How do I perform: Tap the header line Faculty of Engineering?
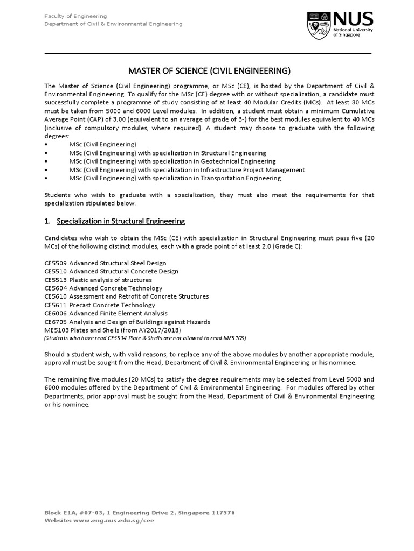[x=75, y=16]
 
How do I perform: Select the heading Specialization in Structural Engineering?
[x=121, y=221]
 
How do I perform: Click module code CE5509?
[x=56, y=263]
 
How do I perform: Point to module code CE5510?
[x=56, y=272]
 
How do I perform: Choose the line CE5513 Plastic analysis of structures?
[x=98, y=280]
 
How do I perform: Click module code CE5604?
[x=56, y=288]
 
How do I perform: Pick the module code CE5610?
[x=56, y=296]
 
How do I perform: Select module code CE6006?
[x=56, y=313]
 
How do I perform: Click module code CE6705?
[x=56, y=322]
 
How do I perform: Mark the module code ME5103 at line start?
[x=56, y=330]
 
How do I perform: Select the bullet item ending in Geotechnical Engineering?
[x=172, y=161]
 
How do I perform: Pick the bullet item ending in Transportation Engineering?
[x=175, y=178]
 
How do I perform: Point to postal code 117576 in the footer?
[x=222, y=513]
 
